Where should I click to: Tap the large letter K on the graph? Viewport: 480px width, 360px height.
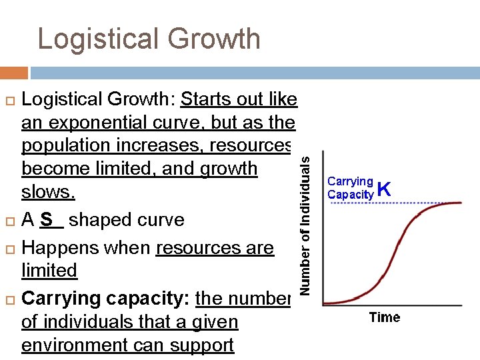(383, 189)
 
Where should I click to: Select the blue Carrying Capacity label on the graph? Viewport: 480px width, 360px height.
(351, 188)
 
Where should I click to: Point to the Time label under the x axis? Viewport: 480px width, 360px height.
(385, 317)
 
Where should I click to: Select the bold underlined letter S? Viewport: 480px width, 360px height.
(46, 219)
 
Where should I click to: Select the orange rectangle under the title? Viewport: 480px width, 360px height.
(14, 73)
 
